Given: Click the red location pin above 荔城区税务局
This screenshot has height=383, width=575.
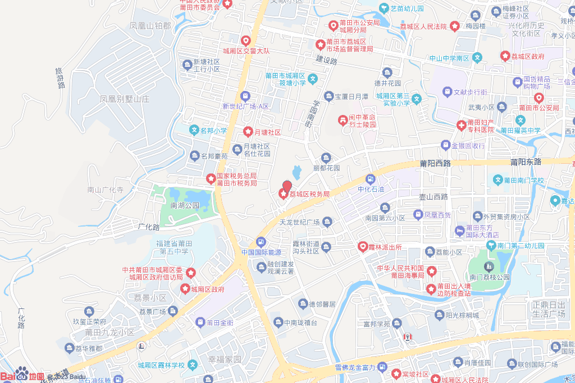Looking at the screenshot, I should click(287, 186).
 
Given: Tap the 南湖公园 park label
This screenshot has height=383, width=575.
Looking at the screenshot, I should click(185, 206).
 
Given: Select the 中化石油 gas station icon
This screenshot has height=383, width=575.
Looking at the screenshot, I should click(370, 179).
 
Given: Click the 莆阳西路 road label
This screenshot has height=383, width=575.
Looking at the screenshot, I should click(435, 163).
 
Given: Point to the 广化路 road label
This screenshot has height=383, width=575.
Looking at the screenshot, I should click(149, 228).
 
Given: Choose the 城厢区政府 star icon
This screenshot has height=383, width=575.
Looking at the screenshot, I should click(185, 289).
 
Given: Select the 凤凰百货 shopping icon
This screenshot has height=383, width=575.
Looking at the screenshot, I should click(418, 214).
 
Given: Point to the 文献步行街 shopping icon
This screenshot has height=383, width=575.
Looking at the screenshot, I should click(447, 91).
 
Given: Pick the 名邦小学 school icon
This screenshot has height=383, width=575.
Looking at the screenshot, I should click(194, 131).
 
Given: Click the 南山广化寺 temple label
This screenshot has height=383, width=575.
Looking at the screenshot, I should click(105, 190).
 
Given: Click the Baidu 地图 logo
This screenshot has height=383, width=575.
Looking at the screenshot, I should click(22, 375).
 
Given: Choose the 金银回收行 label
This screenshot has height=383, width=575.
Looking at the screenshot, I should click(467, 145).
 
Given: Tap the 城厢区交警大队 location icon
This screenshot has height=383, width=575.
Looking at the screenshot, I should click(245, 40).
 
